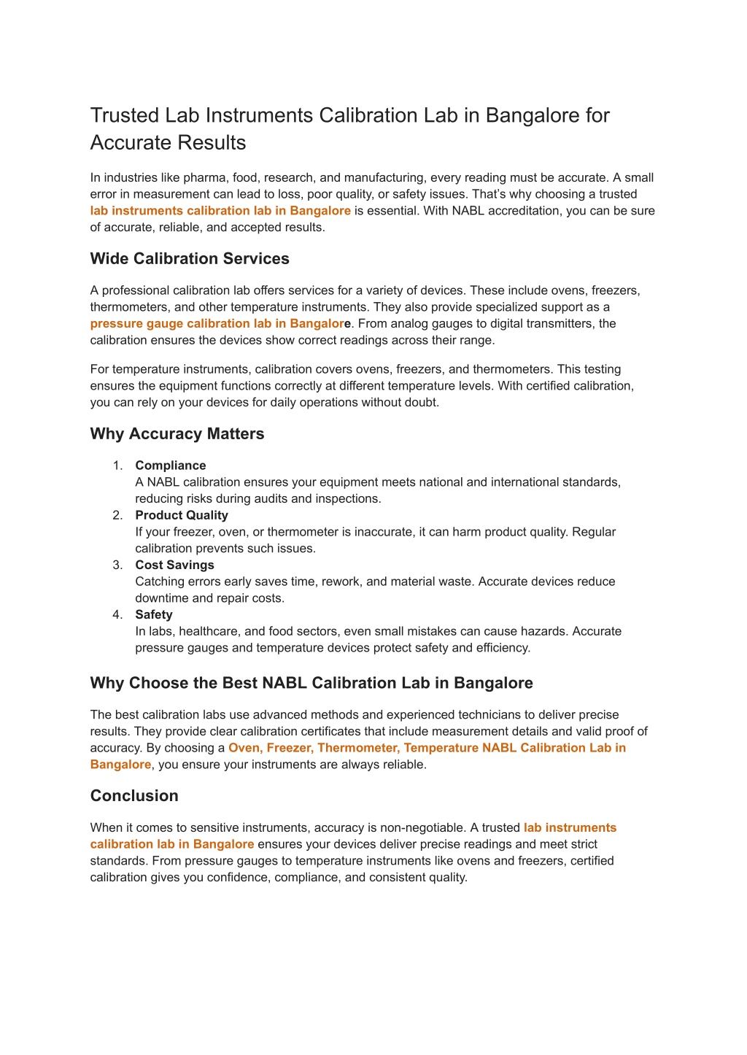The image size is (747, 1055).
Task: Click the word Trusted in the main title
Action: (x=123, y=115)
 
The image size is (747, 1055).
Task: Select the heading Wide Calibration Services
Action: (x=190, y=259)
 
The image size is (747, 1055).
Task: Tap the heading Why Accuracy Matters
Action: (x=177, y=434)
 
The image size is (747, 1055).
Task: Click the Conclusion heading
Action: (x=134, y=796)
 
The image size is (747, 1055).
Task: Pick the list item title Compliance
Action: (x=171, y=465)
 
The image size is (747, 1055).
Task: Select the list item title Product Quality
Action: (x=182, y=515)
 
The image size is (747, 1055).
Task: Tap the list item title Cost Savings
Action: (x=174, y=565)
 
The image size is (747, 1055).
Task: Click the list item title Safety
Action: (x=154, y=614)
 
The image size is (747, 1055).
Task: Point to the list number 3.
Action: (x=117, y=565)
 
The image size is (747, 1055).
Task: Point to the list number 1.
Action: (x=117, y=465)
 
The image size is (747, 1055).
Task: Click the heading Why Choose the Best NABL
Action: (x=311, y=684)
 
